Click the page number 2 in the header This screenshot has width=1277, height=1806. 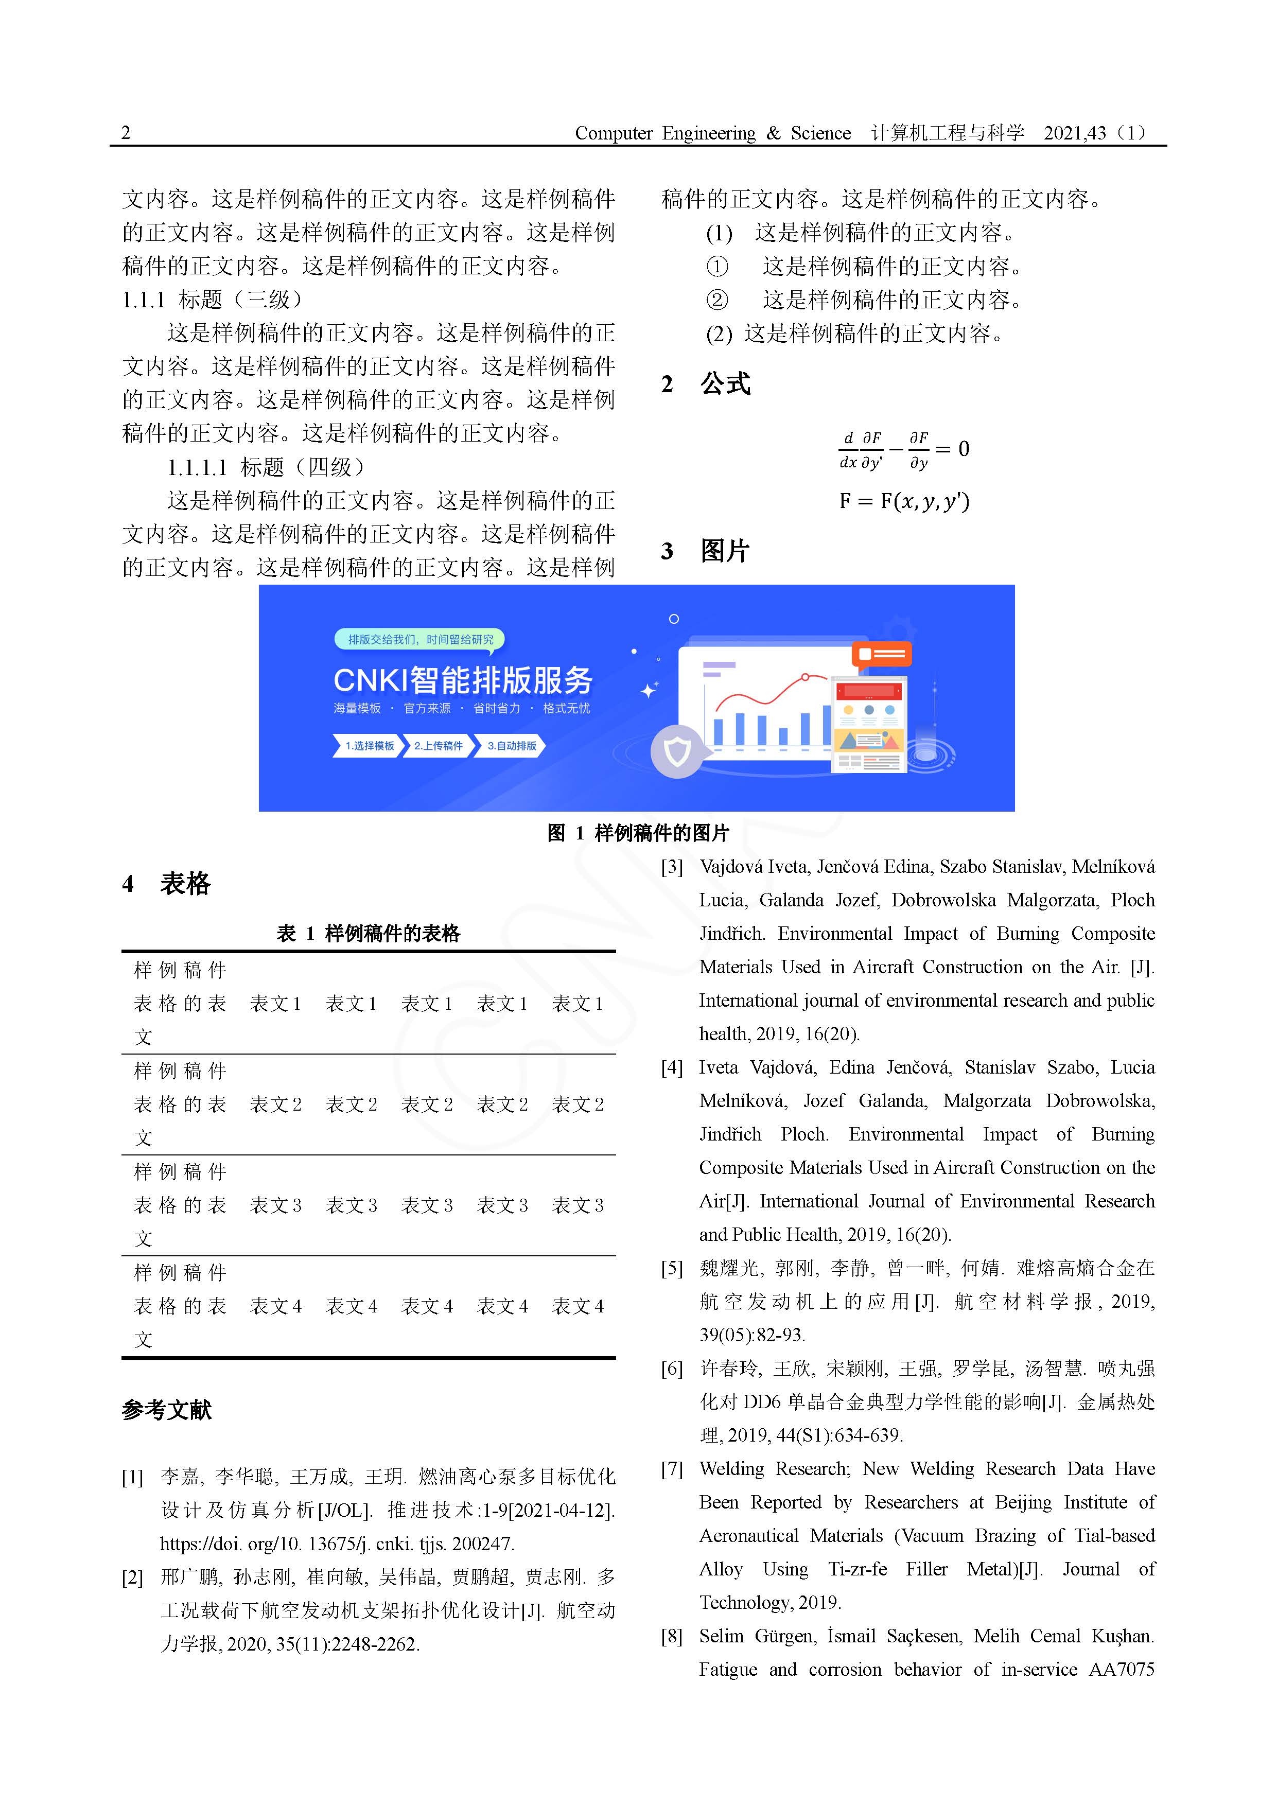pos(126,132)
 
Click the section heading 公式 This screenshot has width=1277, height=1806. pos(725,384)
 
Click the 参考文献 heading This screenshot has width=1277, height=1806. pos(167,1409)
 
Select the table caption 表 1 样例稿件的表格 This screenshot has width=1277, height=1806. pos(368,933)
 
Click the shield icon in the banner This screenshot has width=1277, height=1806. pos(677,752)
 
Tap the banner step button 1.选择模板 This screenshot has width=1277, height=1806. pos(368,746)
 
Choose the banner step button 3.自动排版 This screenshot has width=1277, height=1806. pos(512,746)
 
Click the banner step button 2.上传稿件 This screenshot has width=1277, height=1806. pos(438,746)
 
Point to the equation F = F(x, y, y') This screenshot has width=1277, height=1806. pos(904,501)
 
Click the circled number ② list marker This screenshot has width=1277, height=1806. pos(717,300)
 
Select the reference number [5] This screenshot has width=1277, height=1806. pos(672,1268)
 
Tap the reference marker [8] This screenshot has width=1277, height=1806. pos(672,1636)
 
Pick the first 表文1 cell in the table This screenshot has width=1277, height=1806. pos(275,1003)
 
